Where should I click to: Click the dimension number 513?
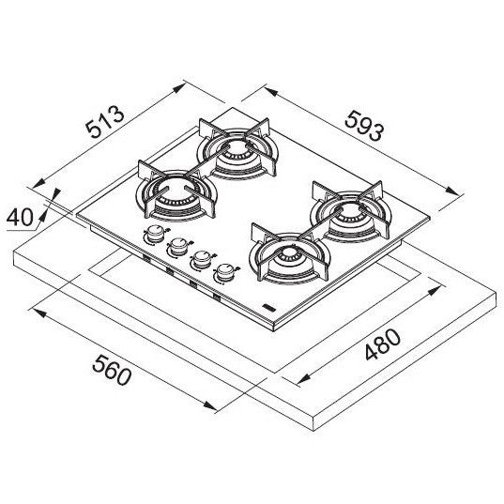[x=105, y=122]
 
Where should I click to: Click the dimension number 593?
[x=364, y=126]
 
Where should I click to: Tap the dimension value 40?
[x=20, y=217]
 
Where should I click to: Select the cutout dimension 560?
[x=112, y=370]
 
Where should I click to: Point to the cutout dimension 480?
[x=383, y=344]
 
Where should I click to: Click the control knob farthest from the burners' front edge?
[x=156, y=234]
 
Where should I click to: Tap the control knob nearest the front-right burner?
[x=225, y=273]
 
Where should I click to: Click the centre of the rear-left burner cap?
[x=237, y=150]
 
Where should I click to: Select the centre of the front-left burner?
[x=176, y=192]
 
